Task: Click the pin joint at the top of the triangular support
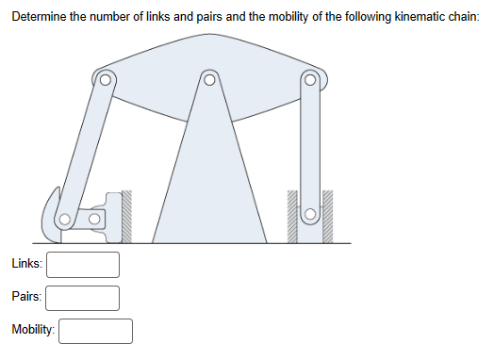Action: pyautogui.click(x=209, y=80)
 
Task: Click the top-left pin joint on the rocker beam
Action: pyautogui.click(x=106, y=80)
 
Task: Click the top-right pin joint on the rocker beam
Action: pyautogui.click(x=309, y=80)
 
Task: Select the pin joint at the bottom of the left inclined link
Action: pyautogui.click(x=65, y=221)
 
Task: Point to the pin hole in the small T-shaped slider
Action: pyautogui.click(x=93, y=221)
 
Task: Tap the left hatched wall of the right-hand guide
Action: pyautogui.click(x=293, y=217)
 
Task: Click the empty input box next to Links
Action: pyautogui.click(x=84, y=265)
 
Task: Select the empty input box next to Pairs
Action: pyautogui.click(x=84, y=298)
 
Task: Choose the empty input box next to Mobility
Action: pyautogui.click(x=96, y=331)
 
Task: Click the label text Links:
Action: pyautogui.click(x=26, y=265)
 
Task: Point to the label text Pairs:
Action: pyautogui.click(x=26, y=298)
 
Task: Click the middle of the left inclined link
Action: pyautogui.click(x=84, y=151)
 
